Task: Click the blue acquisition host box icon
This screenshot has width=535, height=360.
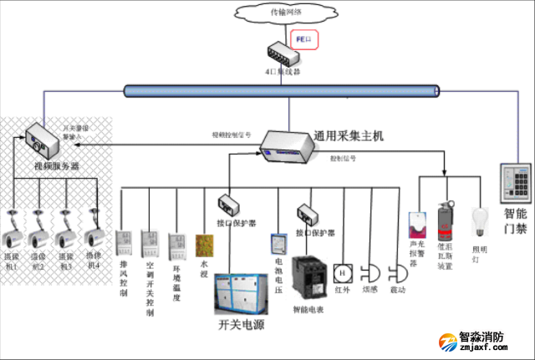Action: click(287, 148)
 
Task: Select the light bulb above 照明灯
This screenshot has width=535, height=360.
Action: click(480, 220)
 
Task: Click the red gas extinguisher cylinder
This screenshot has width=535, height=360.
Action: click(446, 226)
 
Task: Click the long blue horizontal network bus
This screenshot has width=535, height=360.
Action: click(280, 90)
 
